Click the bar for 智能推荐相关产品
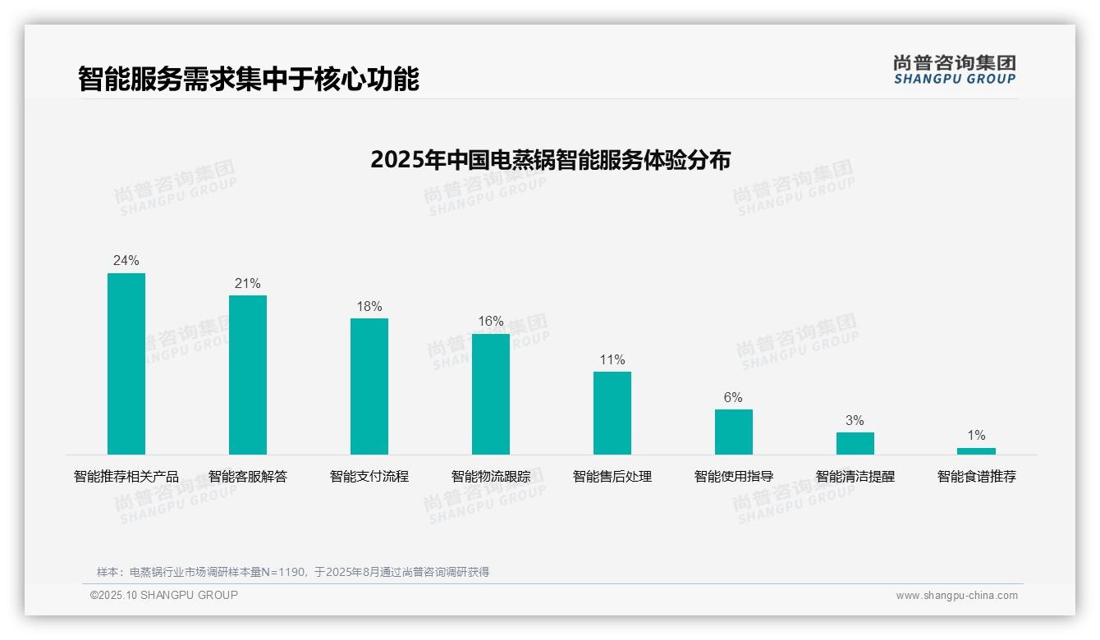click(x=126, y=363)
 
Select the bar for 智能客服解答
click(x=248, y=375)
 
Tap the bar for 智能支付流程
click(x=369, y=386)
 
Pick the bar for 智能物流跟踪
click(x=491, y=394)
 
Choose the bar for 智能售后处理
click(x=612, y=413)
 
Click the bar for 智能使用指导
click(x=734, y=432)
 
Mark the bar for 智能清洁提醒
click(x=855, y=443)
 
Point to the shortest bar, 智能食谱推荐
click(x=976, y=451)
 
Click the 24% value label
click(x=126, y=261)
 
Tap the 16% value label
click(x=491, y=322)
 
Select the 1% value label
click(x=976, y=436)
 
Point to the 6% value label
click(x=733, y=398)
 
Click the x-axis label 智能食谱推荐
click(x=976, y=477)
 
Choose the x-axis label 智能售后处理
click(x=612, y=477)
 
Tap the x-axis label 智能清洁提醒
click(x=855, y=477)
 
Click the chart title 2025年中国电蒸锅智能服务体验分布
click(x=550, y=160)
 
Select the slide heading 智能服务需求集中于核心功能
click(x=249, y=79)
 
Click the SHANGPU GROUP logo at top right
click(x=955, y=70)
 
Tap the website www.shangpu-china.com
click(x=956, y=596)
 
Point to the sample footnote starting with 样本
click(x=293, y=572)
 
